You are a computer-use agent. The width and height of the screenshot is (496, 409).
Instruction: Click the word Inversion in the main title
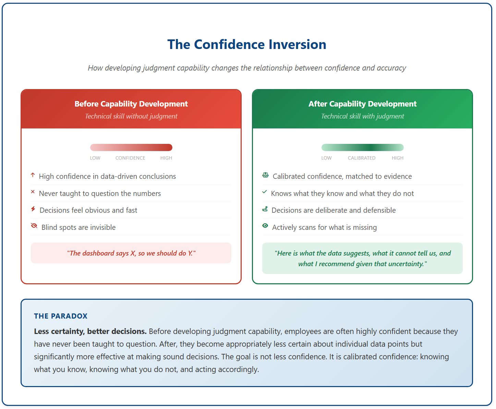[x=298, y=45]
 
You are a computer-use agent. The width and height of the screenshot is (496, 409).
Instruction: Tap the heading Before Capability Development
[x=131, y=104]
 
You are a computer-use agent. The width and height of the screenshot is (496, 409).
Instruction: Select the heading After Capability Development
[x=363, y=104]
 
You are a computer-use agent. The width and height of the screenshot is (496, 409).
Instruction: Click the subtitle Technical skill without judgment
[x=131, y=116]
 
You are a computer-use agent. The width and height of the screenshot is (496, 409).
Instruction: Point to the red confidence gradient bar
[x=131, y=147]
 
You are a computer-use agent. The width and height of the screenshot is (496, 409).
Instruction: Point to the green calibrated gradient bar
[x=363, y=147]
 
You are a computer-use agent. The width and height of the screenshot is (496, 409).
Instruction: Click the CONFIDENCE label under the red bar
[x=130, y=158]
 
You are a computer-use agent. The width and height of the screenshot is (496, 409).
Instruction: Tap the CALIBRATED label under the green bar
[x=362, y=158]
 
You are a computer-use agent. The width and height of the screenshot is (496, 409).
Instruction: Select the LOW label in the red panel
[x=95, y=158]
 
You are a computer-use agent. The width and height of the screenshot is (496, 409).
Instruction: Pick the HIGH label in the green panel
[x=397, y=158]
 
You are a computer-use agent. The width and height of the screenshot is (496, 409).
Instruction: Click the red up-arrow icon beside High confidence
[x=33, y=175]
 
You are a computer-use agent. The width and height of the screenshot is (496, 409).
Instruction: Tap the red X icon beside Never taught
[x=33, y=191]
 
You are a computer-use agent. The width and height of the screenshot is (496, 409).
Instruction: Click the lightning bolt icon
[x=33, y=209]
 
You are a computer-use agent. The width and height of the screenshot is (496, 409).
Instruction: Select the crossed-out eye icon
[x=34, y=225]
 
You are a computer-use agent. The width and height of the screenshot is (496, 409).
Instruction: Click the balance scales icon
[x=265, y=175]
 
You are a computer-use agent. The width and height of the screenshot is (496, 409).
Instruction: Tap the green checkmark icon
[x=264, y=192]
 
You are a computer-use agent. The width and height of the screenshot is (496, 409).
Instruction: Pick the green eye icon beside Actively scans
[x=265, y=225]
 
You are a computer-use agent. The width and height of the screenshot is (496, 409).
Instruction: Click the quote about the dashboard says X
[x=131, y=253]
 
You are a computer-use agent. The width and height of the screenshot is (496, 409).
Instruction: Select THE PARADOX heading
[x=61, y=316]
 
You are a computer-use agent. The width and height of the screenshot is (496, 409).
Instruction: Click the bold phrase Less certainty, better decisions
[x=90, y=331]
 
